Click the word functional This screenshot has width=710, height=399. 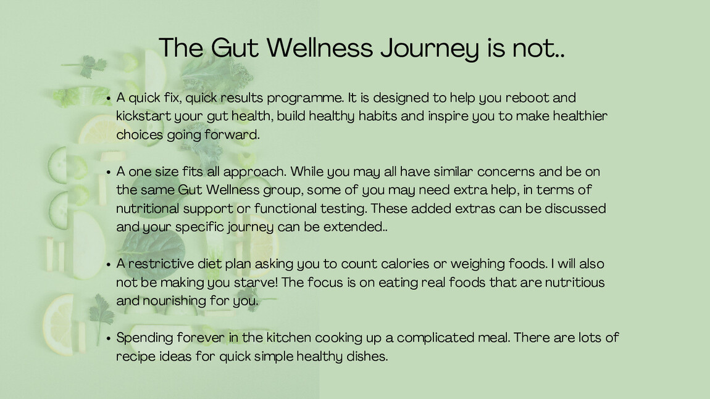click(x=285, y=208)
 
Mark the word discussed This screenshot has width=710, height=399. click(x=571, y=208)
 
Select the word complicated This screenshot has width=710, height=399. click(x=436, y=338)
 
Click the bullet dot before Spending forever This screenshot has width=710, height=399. click(x=109, y=338)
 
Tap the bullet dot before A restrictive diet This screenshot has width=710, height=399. click(x=109, y=264)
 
